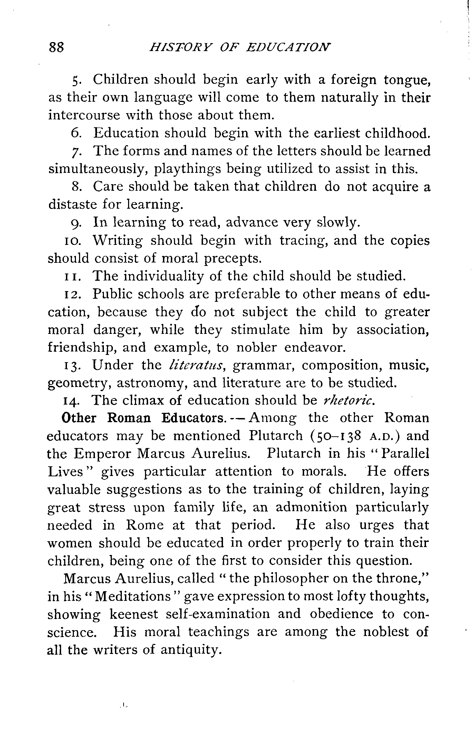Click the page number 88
pos(57,47)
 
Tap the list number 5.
pos(77,80)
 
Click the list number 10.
pos(72,241)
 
